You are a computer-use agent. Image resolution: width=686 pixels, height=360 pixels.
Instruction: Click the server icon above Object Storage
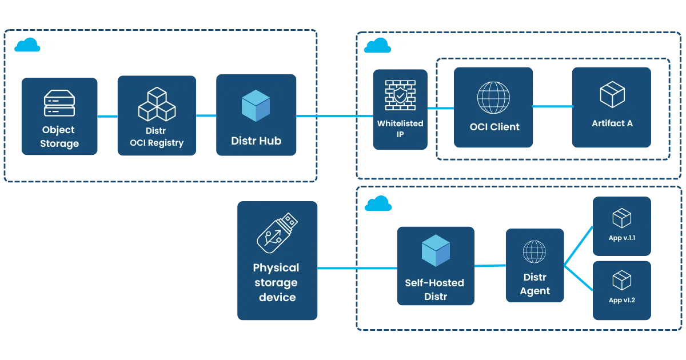click(59, 103)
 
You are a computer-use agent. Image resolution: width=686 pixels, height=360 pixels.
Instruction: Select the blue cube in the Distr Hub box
click(256, 106)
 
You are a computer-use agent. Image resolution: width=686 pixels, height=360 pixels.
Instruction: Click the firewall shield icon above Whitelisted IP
click(400, 95)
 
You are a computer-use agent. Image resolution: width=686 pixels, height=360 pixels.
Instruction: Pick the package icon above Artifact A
click(612, 95)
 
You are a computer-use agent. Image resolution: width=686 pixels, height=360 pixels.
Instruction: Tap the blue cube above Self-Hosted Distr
click(436, 250)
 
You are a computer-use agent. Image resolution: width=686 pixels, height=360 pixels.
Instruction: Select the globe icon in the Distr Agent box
click(535, 251)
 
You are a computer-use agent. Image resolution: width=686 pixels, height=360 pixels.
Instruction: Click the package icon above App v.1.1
click(621, 218)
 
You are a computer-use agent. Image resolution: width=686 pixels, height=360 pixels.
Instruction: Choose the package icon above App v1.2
click(621, 281)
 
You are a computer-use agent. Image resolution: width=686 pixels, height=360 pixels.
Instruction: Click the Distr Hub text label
click(256, 141)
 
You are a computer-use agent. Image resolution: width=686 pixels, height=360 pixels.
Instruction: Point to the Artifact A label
click(612, 123)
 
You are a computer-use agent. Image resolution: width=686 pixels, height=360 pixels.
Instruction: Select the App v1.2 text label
click(621, 300)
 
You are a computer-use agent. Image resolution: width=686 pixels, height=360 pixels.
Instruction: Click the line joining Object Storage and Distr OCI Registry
click(107, 117)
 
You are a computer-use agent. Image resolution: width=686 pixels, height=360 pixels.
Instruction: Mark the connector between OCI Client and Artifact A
click(553, 107)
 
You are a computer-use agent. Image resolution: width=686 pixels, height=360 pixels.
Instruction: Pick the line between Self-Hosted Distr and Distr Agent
click(490, 265)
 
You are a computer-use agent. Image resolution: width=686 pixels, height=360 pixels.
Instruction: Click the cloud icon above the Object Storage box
click(27, 46)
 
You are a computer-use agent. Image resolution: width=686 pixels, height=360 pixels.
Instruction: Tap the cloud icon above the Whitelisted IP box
click(377, 46)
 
